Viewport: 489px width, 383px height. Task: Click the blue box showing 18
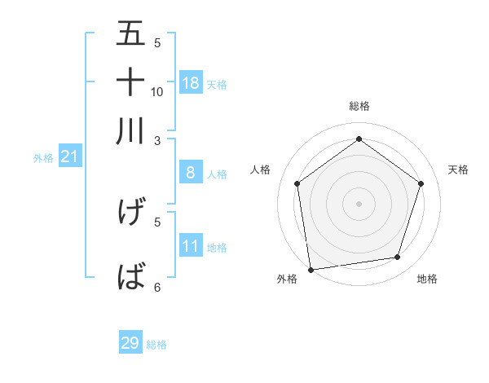point(191,83)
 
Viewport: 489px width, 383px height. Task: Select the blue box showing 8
point(191,173)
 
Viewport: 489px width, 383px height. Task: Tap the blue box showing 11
point(191,246)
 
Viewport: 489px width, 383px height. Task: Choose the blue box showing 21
point(69,157)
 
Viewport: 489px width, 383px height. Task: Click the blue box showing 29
point(130,343)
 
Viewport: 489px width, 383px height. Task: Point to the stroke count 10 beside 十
point(157,91)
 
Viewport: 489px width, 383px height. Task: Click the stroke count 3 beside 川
point(158,140)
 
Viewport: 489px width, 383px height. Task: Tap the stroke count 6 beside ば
point(158,287)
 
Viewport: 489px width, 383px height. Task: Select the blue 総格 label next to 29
point(156,345)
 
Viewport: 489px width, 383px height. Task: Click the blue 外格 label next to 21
point(43,158)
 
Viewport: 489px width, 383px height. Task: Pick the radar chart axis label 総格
point(359,106)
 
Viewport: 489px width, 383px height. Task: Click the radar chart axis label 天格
point(459,169)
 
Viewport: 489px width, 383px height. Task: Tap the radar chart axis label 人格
point(260,169)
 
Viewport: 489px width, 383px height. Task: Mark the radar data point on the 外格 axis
point(310,269)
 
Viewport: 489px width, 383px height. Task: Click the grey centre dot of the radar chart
point(359,203)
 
